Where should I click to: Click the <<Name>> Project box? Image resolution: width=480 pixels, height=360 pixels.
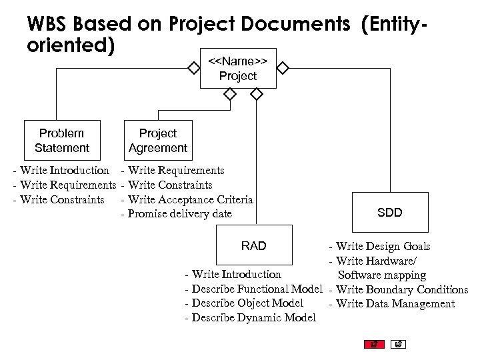tap(237, 69)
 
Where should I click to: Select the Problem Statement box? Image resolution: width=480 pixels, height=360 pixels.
tap(62, 141)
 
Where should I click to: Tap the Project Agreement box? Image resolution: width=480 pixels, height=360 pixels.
tap(158, 141)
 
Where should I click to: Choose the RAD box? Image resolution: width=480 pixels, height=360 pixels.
tap(253, 246)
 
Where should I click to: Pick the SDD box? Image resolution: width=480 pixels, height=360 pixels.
tap(389, 213)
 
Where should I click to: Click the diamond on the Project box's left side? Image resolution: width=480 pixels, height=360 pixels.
tap(193, 68)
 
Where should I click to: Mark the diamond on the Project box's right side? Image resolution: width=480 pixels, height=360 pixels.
tap(283, 68)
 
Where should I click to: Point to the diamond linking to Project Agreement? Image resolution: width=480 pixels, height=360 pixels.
tap(229, 95)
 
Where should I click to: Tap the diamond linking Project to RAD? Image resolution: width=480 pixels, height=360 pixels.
tap(255, 95)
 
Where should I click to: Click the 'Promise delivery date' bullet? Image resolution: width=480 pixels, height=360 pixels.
tap(176, 214)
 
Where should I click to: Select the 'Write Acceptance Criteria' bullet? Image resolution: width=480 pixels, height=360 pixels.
tap(187, 199)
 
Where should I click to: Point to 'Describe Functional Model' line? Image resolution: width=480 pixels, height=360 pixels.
tap(253, 289)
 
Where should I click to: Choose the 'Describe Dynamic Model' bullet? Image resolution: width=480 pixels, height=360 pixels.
tap(250, 318)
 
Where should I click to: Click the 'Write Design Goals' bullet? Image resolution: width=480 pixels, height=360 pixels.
tap(379, 247)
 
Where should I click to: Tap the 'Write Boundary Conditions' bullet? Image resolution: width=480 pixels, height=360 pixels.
tap(398, 289)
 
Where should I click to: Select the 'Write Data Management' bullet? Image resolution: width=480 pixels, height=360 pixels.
tap(391, 304)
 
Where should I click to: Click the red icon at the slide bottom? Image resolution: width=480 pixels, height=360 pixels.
tap(374, 345)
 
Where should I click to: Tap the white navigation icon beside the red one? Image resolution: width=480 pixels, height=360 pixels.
tap(397, 345)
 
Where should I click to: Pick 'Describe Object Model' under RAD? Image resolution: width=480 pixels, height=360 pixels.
tap(243, 303)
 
